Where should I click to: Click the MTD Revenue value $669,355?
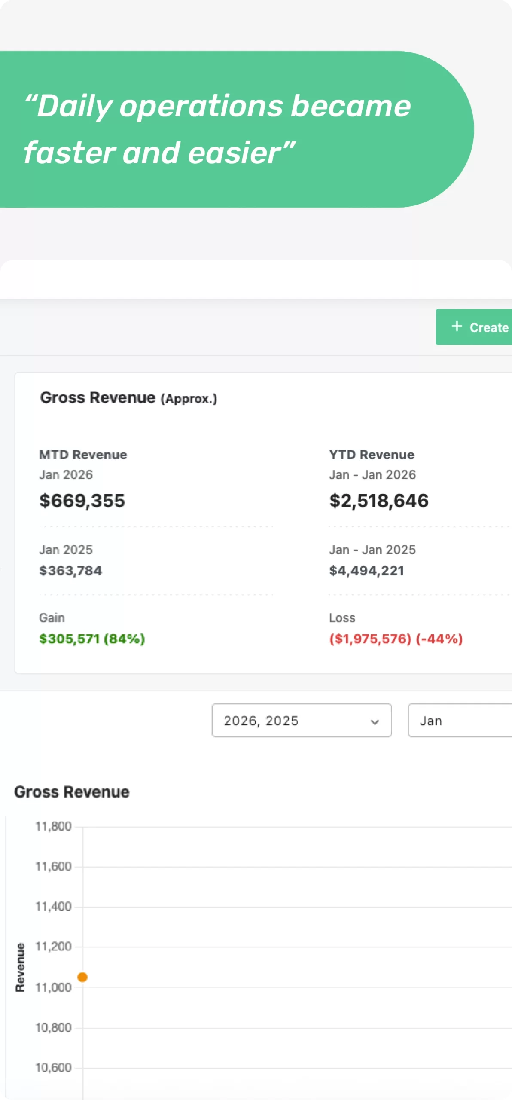tap(82, 501)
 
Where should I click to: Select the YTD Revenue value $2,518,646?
tap(378, 501)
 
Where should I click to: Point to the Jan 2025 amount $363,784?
tap(70, 571)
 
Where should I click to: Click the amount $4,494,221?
tap(366, 571)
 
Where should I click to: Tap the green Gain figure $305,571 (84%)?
tap(92, 639)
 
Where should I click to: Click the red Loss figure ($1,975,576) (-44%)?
tap(396, 639)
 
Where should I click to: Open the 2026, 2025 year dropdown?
tap(301, 721)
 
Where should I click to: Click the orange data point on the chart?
tap(82, 977)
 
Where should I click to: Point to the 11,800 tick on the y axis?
tap(53, 826)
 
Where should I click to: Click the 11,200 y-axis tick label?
tap(53, 946)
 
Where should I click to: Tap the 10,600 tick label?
tap(53, 1067)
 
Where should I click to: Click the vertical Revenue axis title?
tap(20, 967)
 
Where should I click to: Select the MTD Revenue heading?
tap(83, 455)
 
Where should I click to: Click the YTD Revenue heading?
tap(372, 455)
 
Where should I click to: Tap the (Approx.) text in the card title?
tap(189, 399)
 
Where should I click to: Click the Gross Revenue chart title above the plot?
tap(72, 792)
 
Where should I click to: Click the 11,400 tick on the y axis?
tap(53, 906)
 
